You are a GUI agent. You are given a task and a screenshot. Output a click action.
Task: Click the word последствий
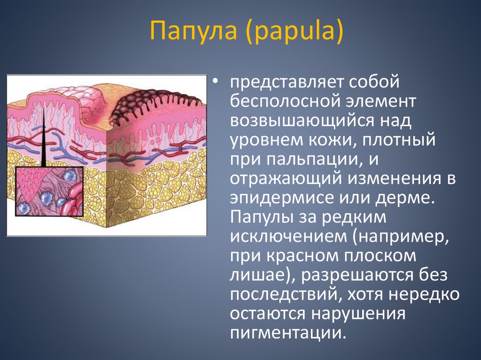[281, 295]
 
